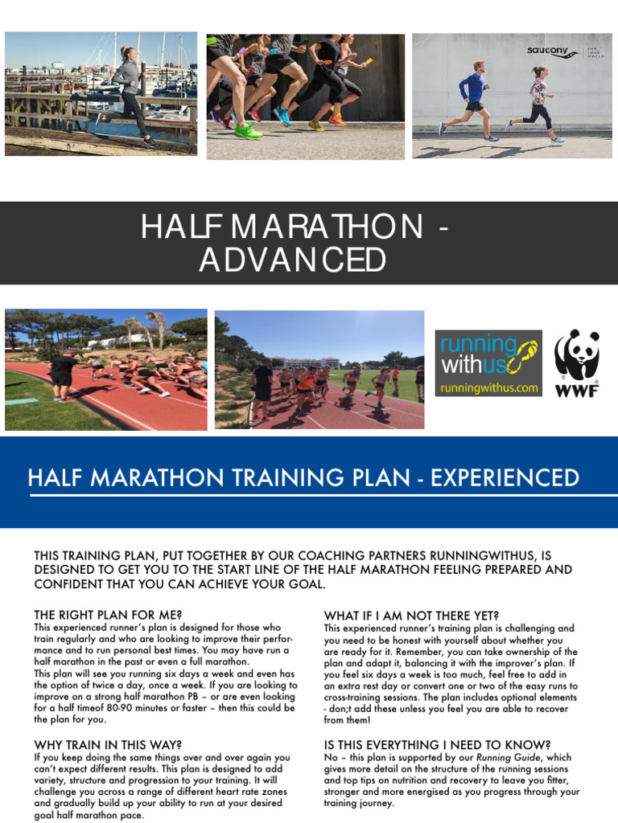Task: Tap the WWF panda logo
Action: click(577, 362)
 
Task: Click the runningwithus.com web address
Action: click(488, 387)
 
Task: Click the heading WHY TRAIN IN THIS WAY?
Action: click(108, 745)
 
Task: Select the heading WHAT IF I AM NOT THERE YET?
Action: click(411, 616)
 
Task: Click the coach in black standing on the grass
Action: click(62, 374)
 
